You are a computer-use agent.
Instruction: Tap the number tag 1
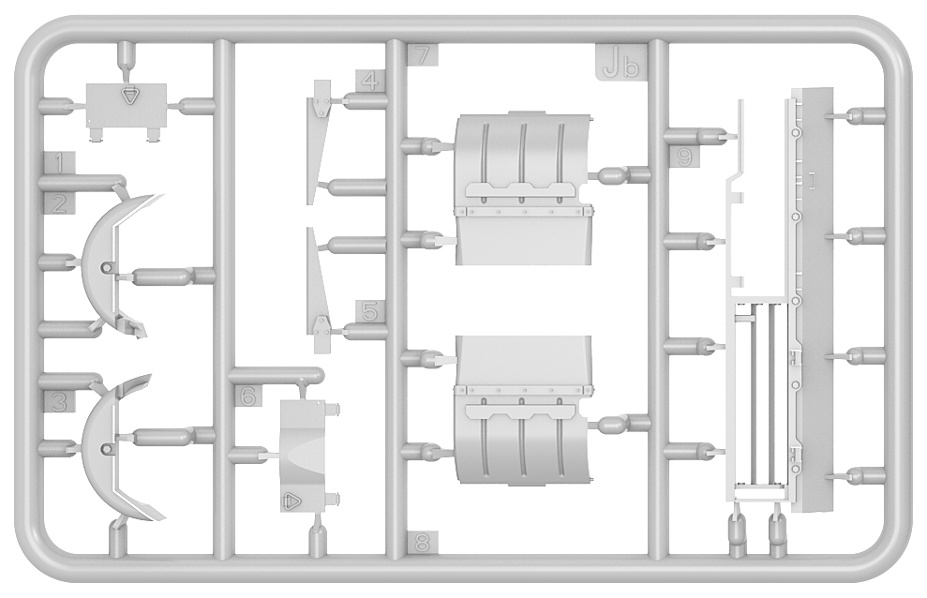59,163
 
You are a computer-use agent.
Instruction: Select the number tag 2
59,204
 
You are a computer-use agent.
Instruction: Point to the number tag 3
59,401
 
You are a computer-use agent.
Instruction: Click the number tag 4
369,81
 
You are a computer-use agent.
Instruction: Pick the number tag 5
369,311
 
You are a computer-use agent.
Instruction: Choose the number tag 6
248,396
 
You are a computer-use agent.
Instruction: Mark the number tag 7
423,54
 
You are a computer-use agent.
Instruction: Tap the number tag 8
423,542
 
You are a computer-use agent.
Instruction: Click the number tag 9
684,157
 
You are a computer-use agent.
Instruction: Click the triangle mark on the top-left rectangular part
128,96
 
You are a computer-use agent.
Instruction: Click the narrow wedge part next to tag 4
318,142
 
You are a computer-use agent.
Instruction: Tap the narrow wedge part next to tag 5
318,291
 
